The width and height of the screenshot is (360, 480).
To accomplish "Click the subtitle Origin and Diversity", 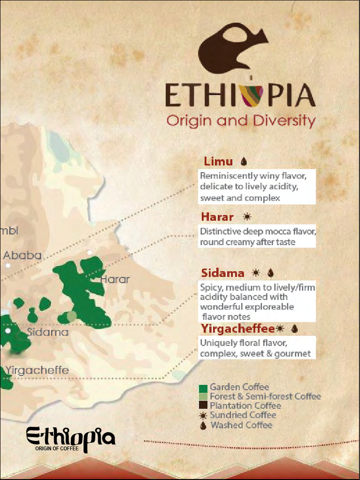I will pyautogui.click(x=241, y=120).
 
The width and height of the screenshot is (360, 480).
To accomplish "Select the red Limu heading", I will pyautogui.click(x=218, y=162).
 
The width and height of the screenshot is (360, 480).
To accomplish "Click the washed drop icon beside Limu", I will pyautogui.click(x=243, y=162).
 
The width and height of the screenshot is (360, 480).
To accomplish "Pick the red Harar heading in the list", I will pyautogui.click(x=217, y=217).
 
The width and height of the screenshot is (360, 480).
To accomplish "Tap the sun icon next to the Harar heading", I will pyautogui.click(x=247, y=217).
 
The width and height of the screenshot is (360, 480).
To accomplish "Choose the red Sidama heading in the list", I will pyautogui.click(x=222, y=273).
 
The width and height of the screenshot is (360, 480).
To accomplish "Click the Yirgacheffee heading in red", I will pyautogui.click(x=238, y=329).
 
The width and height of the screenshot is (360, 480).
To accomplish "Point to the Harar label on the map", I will pyautogui.click(x=115, y=279).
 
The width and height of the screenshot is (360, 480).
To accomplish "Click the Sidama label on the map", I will pyautogui.click(x=47, y=332).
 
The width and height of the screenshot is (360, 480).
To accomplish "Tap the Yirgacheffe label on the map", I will pyautogui.click(x=37, y=370).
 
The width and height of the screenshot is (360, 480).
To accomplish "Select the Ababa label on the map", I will pyautogui.click(x=22, y=256).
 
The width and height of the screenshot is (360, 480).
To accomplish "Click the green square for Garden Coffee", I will pyautogui.click(x=203, y=389).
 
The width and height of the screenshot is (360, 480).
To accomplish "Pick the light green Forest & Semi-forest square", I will pyautogui.click(x=203, y=397).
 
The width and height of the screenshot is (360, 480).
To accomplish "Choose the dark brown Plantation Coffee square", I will pyautogui.click(x=203, y=406).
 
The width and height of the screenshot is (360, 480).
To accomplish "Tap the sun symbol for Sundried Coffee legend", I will pyautogui.click(x=203, y=415).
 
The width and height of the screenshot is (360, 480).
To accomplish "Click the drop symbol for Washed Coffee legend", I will pyautogui.click(x=203, y=426).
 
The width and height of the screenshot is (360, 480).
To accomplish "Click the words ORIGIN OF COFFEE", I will pyautogui.click(x=56, y=449).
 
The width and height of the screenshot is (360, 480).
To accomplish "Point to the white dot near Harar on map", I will pyautogui.click(x=90, y=253).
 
